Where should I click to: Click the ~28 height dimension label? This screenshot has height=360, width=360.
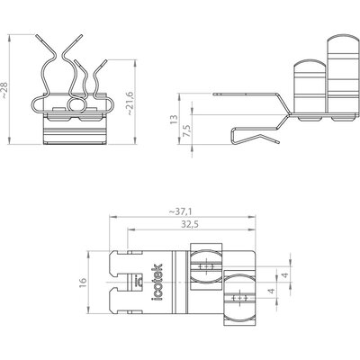(x=4, y=90)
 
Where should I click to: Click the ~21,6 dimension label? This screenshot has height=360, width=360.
(x=129, y=103)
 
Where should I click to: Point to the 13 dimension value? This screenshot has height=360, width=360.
(x=174, y=119)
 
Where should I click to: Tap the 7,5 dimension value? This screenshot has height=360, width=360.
(x=187, y=131)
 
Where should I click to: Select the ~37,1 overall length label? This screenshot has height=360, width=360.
(x=180, y=211)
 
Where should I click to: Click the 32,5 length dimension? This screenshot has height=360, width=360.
(x=190, y=224)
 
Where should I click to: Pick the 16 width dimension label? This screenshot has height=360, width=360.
(x=83, y=283)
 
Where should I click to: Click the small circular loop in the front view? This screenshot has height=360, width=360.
(x=76, y=105)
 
